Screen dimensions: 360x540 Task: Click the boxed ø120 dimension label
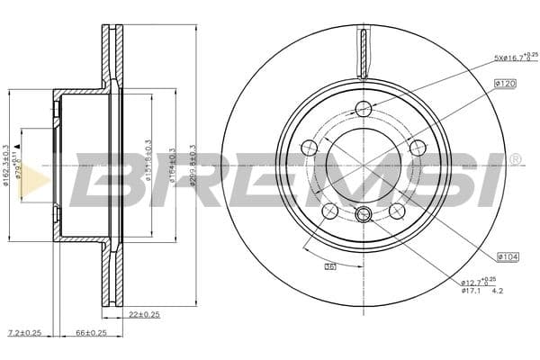503,84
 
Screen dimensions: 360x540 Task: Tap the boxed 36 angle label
329,267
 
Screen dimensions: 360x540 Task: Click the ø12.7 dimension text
474,281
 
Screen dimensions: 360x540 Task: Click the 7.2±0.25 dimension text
24,333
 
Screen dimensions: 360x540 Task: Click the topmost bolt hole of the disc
363,110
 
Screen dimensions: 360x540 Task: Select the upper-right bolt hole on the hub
417,148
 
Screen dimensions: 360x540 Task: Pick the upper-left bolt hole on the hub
309,148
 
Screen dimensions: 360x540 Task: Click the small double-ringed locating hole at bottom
363,214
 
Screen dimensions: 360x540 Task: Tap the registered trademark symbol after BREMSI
515,158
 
